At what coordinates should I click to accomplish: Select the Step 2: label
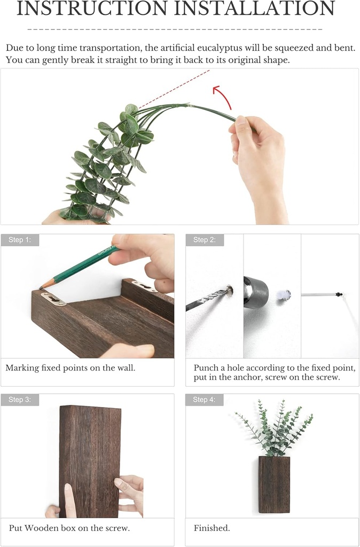tap(205, 240)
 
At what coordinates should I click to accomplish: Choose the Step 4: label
tap(205, 400)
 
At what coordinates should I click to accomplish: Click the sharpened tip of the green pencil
tap(42, 287)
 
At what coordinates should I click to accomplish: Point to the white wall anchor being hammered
tap(285, 294)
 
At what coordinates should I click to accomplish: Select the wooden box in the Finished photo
tap(274, 484)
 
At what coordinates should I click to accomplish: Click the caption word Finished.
tap(212, 528)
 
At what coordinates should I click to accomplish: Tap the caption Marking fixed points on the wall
tap(70, 368)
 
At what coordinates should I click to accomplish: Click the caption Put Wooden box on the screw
tap(69, 528)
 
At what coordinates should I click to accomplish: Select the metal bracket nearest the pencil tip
tap(53, 298)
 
